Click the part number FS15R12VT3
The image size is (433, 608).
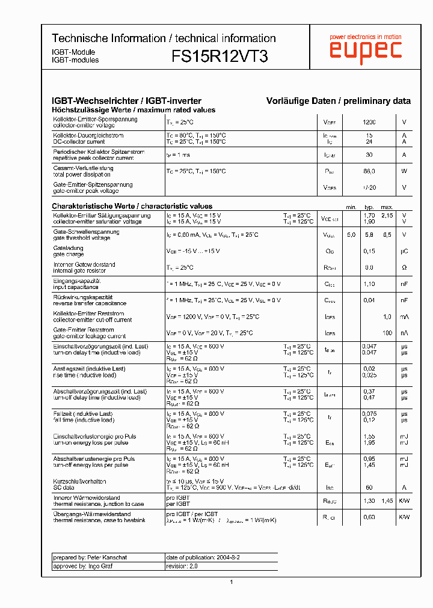click(220, 56)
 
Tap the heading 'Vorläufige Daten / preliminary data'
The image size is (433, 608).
click(339, 102)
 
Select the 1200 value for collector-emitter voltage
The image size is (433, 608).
click(369, 123)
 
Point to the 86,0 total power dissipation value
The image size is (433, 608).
click(369, 172)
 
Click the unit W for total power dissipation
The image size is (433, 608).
click(404, 172)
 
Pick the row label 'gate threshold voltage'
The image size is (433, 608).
click(82, 238)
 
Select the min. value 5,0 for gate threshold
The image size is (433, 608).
click(351, 235)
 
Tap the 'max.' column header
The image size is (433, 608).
click(387, 207)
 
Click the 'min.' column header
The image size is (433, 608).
click(351, 207)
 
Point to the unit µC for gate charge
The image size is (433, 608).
click(404, 251)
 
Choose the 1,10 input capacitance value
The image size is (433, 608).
click(369, 284)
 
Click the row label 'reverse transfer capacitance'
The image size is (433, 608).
click(90, 303)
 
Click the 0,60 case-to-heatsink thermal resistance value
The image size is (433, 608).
click(369, 517)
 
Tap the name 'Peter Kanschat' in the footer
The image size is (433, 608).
click(108, 558)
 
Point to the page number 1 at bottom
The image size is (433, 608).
click(231, 582)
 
